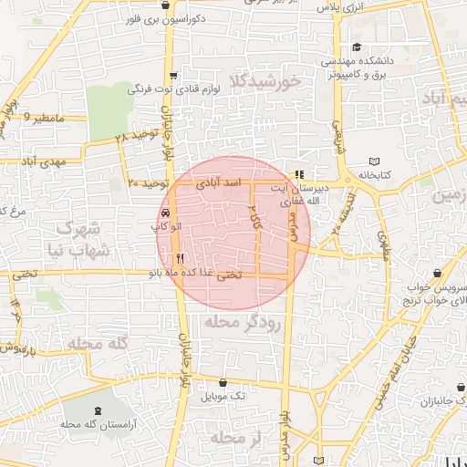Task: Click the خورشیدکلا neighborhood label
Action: point(266,82)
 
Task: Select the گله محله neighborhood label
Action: point(93,342)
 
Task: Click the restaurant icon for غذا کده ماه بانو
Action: point(180,258)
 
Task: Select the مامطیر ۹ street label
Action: point(44,118)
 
